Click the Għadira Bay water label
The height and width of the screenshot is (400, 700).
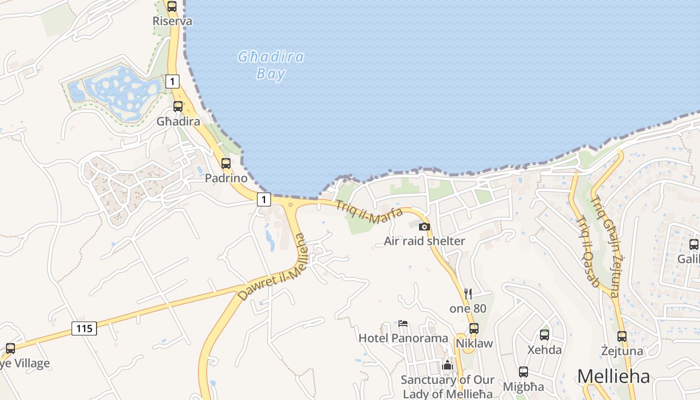270,65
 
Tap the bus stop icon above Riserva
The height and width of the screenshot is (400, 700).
172,6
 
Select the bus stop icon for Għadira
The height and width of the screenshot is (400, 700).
178,106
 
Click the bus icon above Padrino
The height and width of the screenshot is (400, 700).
226,163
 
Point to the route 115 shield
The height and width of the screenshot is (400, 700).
84,328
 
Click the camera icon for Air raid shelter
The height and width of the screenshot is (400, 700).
424,226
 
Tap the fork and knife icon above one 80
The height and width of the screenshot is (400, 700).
468,293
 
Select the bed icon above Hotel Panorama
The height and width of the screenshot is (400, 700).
403,323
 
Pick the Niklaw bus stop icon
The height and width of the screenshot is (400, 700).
474,328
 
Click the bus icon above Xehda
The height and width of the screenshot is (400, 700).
544,334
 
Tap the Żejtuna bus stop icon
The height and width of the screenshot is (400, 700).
622,336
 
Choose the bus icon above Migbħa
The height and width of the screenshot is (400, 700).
523,372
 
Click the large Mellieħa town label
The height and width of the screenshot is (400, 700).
613,376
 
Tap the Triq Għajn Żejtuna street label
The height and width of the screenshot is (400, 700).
604,246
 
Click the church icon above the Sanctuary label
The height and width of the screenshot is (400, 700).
447,365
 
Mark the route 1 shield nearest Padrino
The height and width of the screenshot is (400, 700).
264,199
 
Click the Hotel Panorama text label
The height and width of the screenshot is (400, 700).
403,338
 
